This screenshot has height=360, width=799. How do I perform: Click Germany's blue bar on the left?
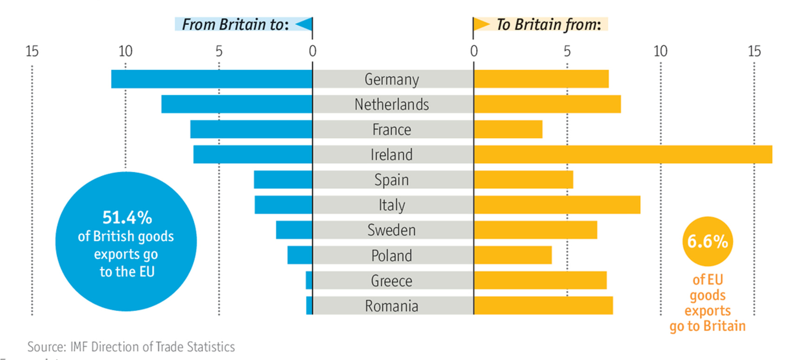(x=212, y=79)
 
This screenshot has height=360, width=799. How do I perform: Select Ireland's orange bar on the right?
(x=623, y=154)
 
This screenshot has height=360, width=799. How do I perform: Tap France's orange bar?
(x=508, y=129)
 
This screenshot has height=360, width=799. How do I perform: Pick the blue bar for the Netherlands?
(x=237, y=104)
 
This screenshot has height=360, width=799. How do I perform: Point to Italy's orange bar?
(x=557, y=205)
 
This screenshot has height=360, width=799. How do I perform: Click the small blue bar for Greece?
(x=309, y=280)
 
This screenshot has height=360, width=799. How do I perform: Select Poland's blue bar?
(x=300, y=255)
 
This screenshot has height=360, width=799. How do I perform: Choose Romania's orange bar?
(x=543, y=305)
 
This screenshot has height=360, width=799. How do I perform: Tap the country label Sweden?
(x=392, y=230)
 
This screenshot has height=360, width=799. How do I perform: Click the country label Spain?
(x=392, y=180)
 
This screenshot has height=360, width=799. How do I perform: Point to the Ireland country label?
(x=392, y=154)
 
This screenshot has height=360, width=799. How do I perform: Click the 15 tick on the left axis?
(x=32, y=51)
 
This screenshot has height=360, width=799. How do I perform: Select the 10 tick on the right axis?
(x=660, y=51)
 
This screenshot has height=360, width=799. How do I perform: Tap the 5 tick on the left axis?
(x=219, y=51)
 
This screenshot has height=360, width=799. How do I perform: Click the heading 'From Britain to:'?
(x=235, y=24)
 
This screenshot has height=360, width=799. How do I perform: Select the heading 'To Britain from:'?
(x=548, y=24)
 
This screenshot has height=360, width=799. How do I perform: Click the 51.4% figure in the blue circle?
(x=127, y=218)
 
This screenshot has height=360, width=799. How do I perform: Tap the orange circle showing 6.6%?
(x=708, y=241)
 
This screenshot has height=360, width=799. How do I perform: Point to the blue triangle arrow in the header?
(x=304, y=24)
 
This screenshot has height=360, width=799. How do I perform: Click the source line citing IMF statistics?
(x=131, y=347)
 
